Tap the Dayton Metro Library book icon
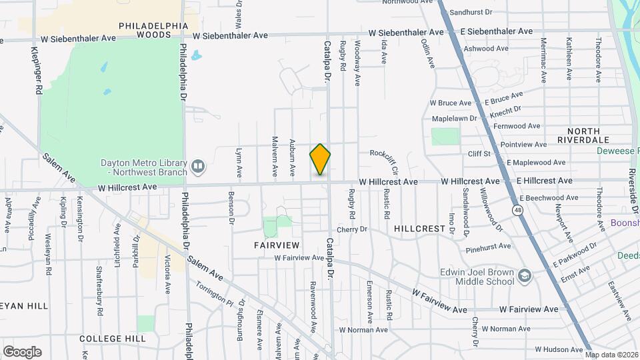click(197, 165)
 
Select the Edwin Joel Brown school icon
click(525, 276)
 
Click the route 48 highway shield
click(517, 210)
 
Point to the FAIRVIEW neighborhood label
click(274, 245)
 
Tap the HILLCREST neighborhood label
click(419, 228)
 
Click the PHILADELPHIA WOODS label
click(153, 29)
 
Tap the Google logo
click(22, 352)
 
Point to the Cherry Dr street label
click(352, 229)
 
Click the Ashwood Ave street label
click(488, 49)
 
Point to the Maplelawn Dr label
click(455, 118)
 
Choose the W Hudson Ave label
click(559, 349)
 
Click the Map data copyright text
click(611, 355)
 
